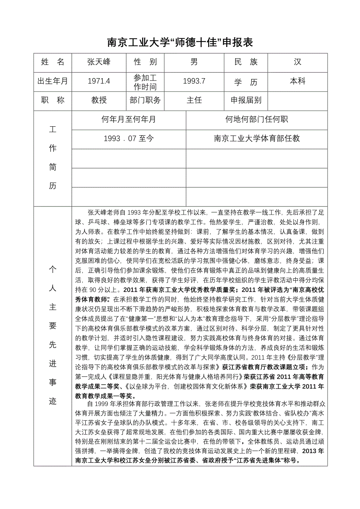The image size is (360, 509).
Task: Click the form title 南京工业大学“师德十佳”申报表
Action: point(180,42)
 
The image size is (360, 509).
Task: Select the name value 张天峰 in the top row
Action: point(99,62)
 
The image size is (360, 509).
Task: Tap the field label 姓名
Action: point(53,62)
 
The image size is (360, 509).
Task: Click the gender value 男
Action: point(194,62)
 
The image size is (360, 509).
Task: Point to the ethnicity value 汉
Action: point(297,62)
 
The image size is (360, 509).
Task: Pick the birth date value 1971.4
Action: point(99,81)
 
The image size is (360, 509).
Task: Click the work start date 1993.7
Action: point(194,81)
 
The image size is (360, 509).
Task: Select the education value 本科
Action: point(297,81)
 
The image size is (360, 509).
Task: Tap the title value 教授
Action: point(99,100)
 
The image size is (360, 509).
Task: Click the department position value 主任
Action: point(194,100)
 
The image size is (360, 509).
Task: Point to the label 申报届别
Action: point(246,100)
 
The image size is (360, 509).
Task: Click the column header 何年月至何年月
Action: point(129,120)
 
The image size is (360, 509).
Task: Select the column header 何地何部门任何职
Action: point(257,120)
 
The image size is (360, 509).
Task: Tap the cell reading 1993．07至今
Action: point(129,139)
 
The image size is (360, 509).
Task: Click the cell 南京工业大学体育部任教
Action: point(257,139)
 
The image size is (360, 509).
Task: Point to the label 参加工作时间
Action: point(145,82)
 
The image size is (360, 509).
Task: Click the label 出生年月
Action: point(53,81)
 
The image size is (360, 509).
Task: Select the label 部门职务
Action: point(145,100)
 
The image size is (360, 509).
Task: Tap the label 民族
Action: point(246,62)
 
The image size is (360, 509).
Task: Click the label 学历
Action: point(246,82)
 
